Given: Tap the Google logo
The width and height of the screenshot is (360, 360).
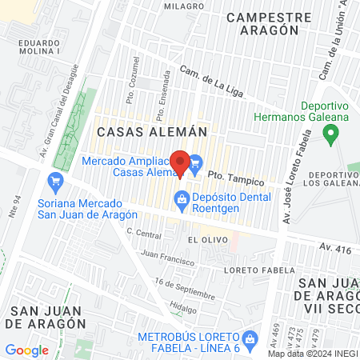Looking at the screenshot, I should click(x=26, y=350).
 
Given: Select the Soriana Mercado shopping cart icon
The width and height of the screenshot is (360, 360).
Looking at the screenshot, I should click(x=55, y=182).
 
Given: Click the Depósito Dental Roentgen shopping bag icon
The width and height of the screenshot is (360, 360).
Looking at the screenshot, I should click(x=182, y=198).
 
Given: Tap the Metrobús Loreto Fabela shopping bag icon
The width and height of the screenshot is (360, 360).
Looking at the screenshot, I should click(x=250, y=338).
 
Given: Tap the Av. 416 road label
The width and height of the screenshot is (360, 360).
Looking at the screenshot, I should click(x=334, y=250).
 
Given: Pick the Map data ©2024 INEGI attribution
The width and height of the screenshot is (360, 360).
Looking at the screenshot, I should click(x=312, y=353).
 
